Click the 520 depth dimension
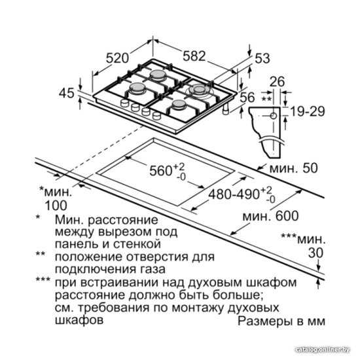(x=117, y=58)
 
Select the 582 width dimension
(x=194, y=56)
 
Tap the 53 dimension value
(x=262, y=58)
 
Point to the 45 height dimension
(x=67, y=93)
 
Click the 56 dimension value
(x=247, y=97)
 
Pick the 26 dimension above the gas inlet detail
(x=277, y=82)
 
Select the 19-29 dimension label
(x=308, y=111)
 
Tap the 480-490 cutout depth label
(x=234, y=194)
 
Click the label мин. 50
(x=293, y=168)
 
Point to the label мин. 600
(x=271, y=215)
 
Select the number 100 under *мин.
(x=56, y=206)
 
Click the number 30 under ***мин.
(x=315, y=253)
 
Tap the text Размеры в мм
(x=281, y=321)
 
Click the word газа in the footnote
(x=152, y=269)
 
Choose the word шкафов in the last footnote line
(x=79, y=320)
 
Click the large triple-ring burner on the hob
(x=199, y=90)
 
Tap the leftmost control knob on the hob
(x=124, y=103)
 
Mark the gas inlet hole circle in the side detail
(x=273, y=116)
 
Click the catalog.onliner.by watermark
(x=322, y=350)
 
